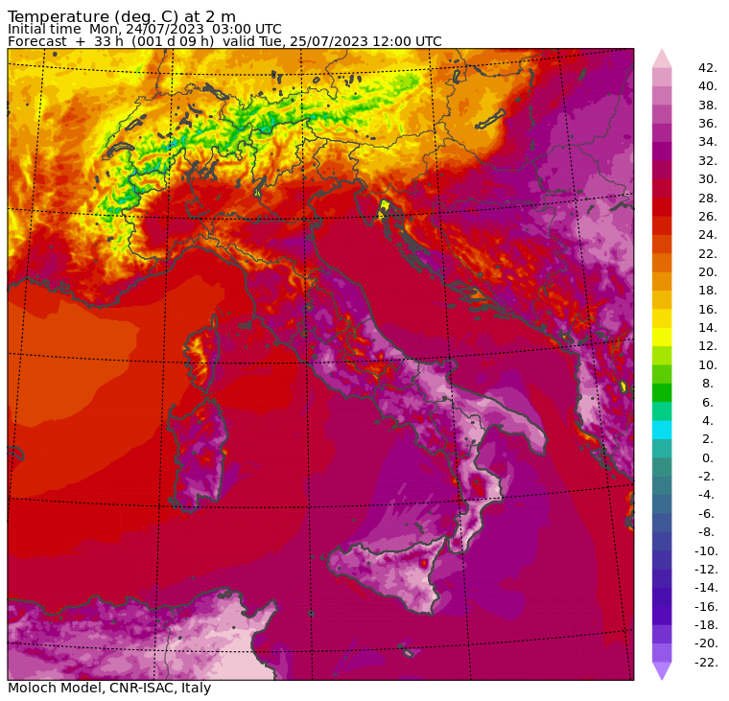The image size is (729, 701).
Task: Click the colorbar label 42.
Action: (x=708, y=68)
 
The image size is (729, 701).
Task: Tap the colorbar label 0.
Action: (x=708, y=458)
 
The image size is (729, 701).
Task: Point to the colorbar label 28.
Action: (x=708, y=198)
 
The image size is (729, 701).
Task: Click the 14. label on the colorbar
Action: (x=708, y=328)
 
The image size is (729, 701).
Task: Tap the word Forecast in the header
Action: (x=37, y=41)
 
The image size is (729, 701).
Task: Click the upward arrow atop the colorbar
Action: (x=662, y=58)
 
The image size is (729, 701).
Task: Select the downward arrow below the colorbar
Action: (x=662, y=670)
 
